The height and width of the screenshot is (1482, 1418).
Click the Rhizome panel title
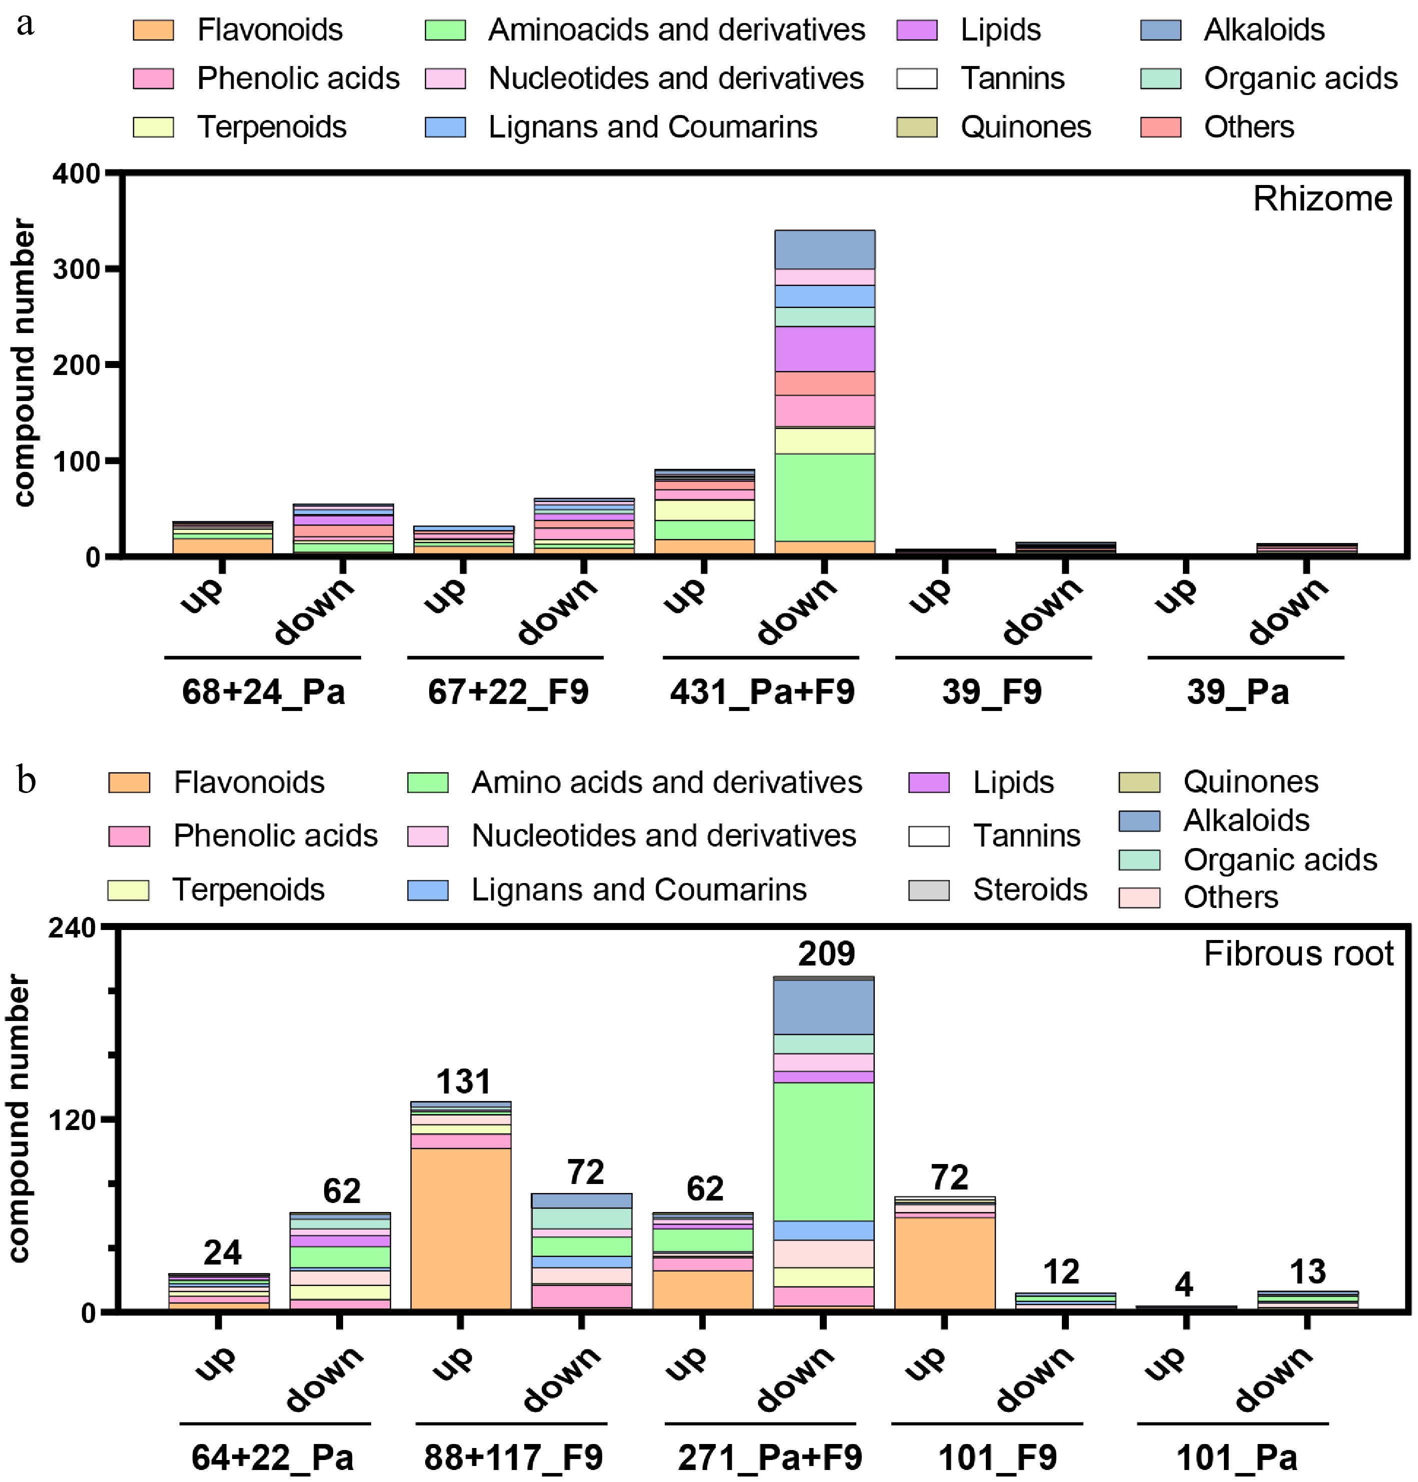tap(1322, 199)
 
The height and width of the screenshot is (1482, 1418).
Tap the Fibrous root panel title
tap(1298, 953)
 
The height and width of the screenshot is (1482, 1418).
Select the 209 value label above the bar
tap(826, 953)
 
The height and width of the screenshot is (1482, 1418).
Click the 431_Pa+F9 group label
tap(762, 691)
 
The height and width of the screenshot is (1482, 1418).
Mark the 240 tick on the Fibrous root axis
tap(73, 928)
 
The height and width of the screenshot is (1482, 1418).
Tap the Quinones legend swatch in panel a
tap(916, 127)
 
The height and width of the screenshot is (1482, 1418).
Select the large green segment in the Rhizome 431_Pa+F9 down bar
tap(825, 497)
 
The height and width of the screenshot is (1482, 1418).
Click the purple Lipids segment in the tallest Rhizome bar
tap(825, 349)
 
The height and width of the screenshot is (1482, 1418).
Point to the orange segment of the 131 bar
tap(460, 1228)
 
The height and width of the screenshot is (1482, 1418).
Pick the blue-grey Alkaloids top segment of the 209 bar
tap(824, 1006)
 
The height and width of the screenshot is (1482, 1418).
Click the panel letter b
tap(27, 780)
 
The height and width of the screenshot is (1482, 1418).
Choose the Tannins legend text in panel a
tap(1012, 78)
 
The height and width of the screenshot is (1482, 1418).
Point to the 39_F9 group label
tap(992, 691)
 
